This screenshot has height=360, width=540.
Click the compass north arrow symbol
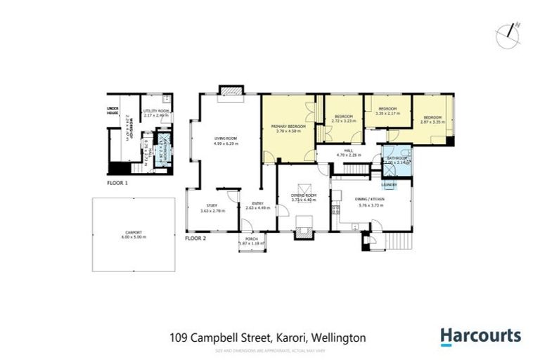[508, 35]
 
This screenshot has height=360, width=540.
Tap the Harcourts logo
[480, 336]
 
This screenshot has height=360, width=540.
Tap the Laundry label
[390, 185]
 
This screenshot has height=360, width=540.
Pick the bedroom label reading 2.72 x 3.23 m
[344, 119]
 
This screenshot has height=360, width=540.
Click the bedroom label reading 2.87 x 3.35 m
[431, 120]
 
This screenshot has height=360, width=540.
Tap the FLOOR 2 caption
[195, 238]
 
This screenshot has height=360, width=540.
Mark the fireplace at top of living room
[229, 91]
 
